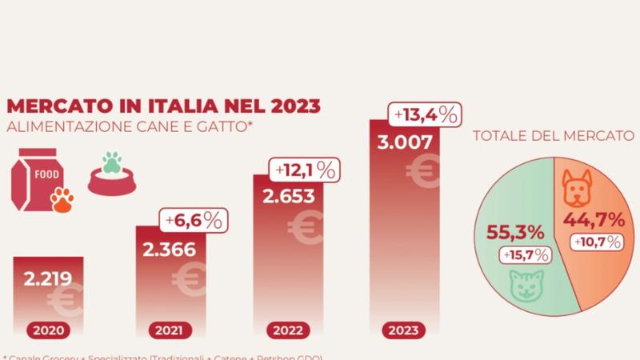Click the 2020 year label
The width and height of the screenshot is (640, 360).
pyautogui.click(x=47, y=329)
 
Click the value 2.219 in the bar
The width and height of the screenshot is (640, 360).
pyautogui.click(x=47, y=279)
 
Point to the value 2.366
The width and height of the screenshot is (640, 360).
pyautogui.click(x=170, y=249)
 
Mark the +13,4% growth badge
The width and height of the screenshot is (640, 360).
pyautogui.click(x=426, y=115)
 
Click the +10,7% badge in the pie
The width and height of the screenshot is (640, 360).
pyautogui.click(x=597, y=242)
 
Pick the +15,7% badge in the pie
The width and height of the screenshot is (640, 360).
pyautogui.click(x=525, y=255)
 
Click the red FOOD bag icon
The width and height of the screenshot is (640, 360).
pyautogui.click(x=36, y=181)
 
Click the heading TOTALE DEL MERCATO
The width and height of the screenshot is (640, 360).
pyautogui.click(x=553, y=136)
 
